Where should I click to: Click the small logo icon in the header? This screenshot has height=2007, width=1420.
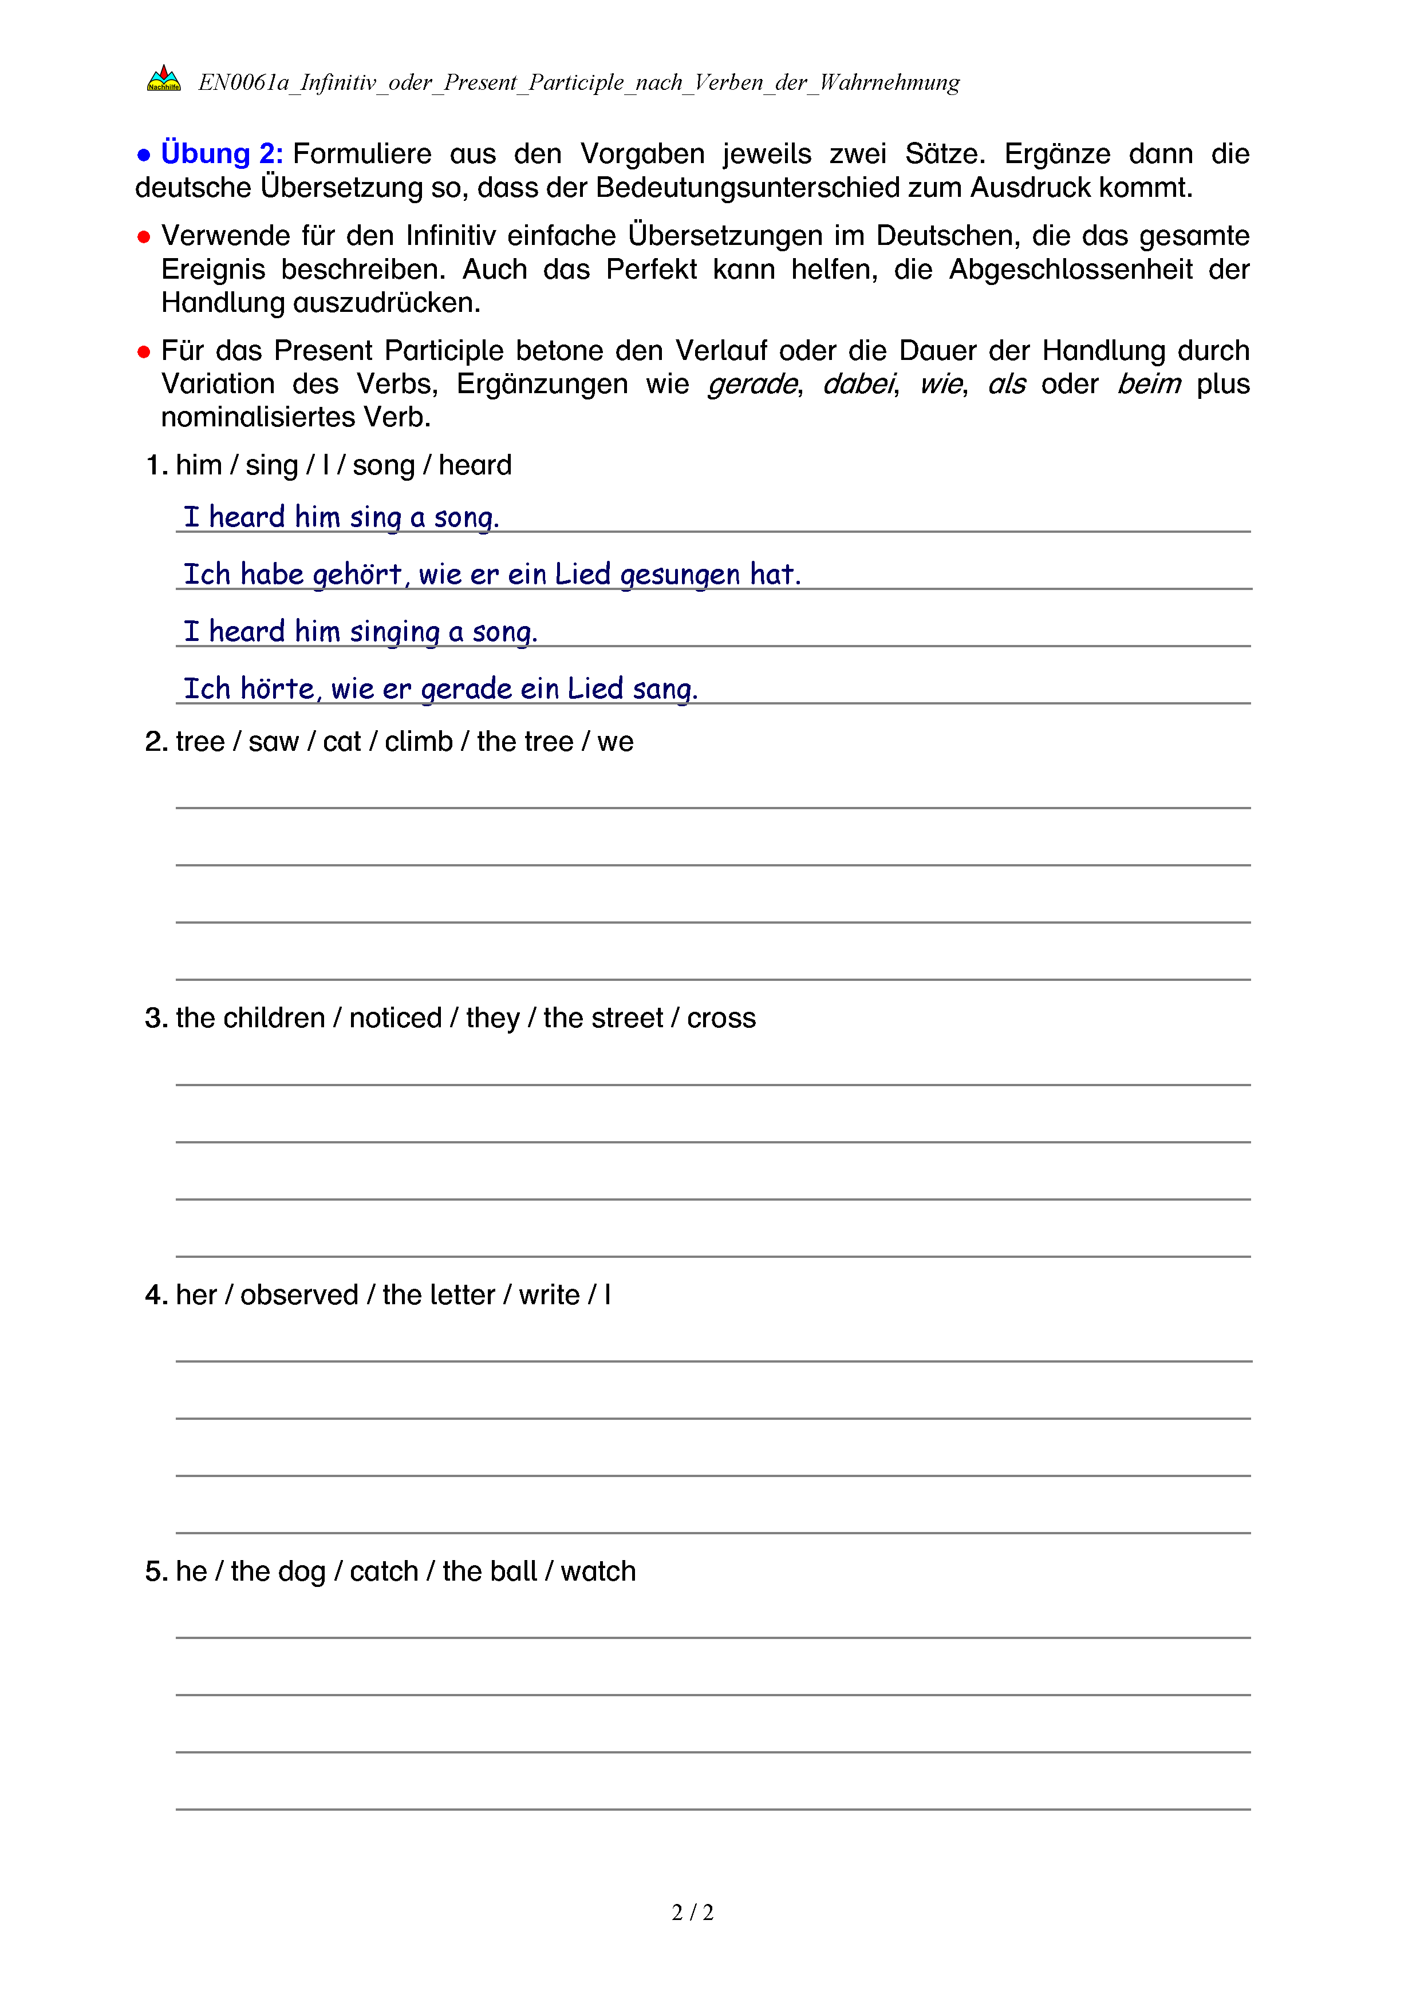tap(164, 78)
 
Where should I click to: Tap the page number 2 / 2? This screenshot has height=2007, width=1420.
tap(692, 1913)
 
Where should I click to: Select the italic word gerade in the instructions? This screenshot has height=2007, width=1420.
tap(752, 384)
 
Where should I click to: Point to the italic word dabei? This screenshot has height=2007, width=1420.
tap(859, 384)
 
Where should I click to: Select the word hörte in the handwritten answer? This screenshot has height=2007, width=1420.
tap(277, 689)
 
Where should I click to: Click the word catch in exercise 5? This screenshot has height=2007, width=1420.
tap(384, 1571)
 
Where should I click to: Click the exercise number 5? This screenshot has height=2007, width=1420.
tap(155, 1571)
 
